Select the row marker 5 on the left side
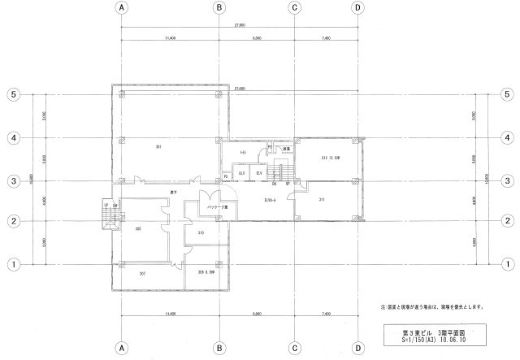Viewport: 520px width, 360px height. click(13, 94)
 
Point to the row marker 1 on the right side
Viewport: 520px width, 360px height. click(507, 264)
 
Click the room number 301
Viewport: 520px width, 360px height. click(159, 146)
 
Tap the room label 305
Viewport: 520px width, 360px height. click(139, 229)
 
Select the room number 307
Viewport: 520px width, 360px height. click(142, 273)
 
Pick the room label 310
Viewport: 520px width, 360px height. click(200, 234)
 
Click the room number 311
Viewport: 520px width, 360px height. click(323, 199)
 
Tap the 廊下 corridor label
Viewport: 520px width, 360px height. click(174, 192)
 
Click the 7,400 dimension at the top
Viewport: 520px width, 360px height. click(326, 38)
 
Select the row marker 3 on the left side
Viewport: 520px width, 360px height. click(13, 181)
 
